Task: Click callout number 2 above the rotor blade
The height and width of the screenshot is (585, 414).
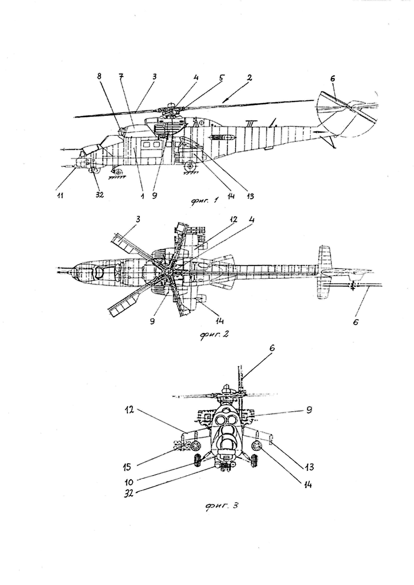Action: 249,78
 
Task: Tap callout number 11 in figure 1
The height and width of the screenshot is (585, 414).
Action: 60,196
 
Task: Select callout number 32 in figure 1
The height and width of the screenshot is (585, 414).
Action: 100,195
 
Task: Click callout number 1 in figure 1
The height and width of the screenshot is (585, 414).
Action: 143,196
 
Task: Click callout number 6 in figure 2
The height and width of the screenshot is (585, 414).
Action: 355,322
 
